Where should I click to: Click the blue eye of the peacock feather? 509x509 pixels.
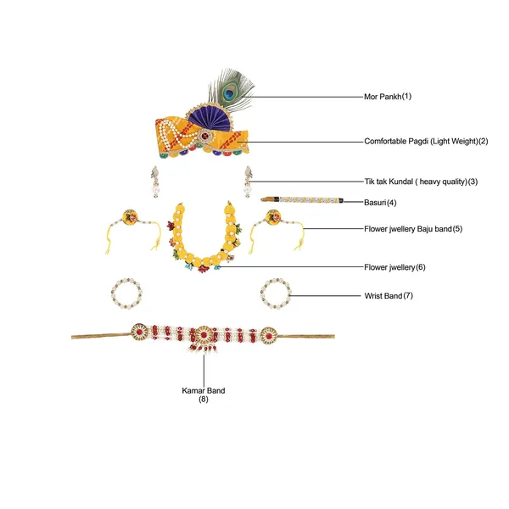click(x=229, y=94)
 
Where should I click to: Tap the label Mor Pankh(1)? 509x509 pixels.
click(x=388, y=97)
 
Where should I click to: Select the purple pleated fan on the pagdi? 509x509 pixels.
click(x=210, y=116)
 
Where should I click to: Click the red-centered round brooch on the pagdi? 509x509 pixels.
click(x=204, y=136)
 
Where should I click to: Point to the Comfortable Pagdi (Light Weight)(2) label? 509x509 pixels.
click(x=426, y=141)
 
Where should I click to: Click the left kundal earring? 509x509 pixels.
click(x=155, y=182)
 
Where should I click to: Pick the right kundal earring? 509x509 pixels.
click(x=248, y=182)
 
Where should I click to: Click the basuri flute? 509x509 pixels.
click(x=302, y=199)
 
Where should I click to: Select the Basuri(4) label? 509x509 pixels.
click(x=380, y=203)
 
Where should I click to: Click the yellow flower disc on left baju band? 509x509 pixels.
click(x=130, y=217)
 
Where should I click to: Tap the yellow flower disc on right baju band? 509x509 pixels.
click(x=273, y=217)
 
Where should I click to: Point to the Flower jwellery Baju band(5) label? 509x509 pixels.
click(x=413, y=229)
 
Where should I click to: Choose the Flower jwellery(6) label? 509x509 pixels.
click(x=394, y=267)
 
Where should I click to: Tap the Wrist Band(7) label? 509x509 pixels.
click(x=389, y=296)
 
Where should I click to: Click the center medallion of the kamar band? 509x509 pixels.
click(x=204, y=335)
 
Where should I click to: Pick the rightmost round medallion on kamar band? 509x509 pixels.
click(x=269, y=335)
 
